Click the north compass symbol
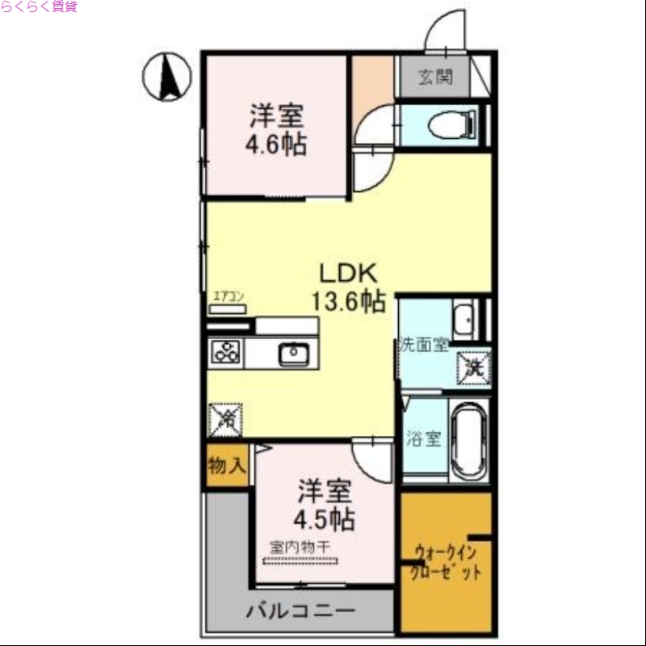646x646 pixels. [x=167, y=78]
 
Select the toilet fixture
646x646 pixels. [x=449, y=124]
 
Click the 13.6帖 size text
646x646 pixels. [x=348, y=301]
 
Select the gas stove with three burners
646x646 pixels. [x=227, y=353]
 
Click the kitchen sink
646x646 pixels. [x=292, y=353]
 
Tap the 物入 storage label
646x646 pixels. [x=225, y=466]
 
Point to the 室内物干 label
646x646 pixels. [x=300, y=547]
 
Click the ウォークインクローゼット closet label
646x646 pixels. [x=447, y=563]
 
